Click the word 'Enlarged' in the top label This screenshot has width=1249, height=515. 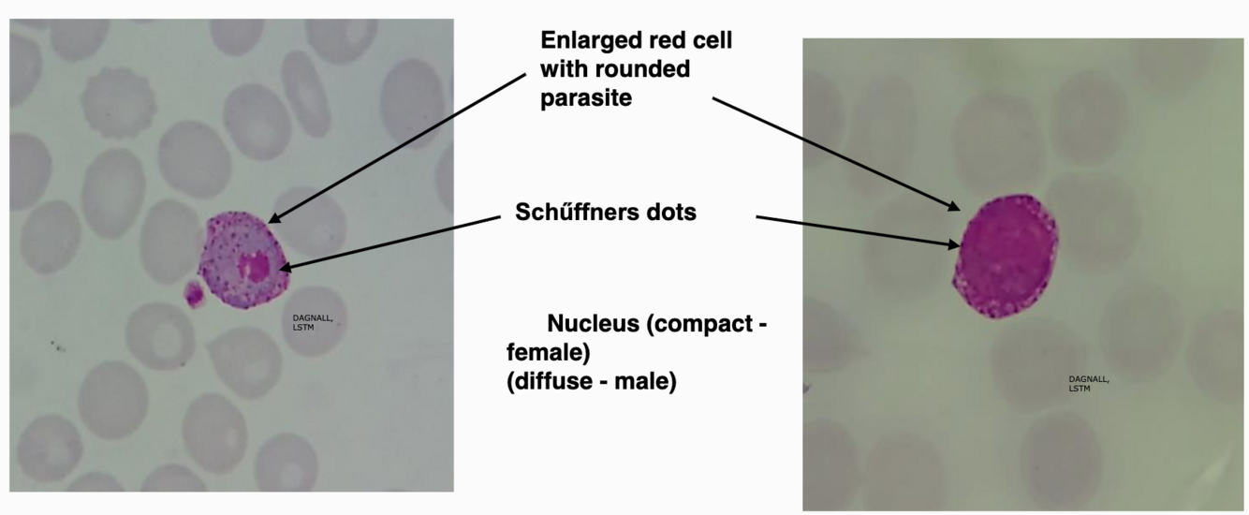point(585,41)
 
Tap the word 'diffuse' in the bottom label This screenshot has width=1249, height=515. point(552,382)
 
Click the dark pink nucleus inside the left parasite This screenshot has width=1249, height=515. point(253,267)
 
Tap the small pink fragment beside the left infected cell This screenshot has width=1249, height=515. point(195,294)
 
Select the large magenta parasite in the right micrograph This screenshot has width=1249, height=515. point(1007,255)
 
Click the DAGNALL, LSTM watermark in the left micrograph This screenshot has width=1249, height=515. point(313,323)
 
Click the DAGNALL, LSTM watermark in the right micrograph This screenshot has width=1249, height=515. point(1088,383)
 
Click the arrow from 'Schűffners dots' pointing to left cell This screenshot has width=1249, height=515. point(393,243)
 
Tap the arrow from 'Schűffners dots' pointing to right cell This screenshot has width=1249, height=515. point(857,231)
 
